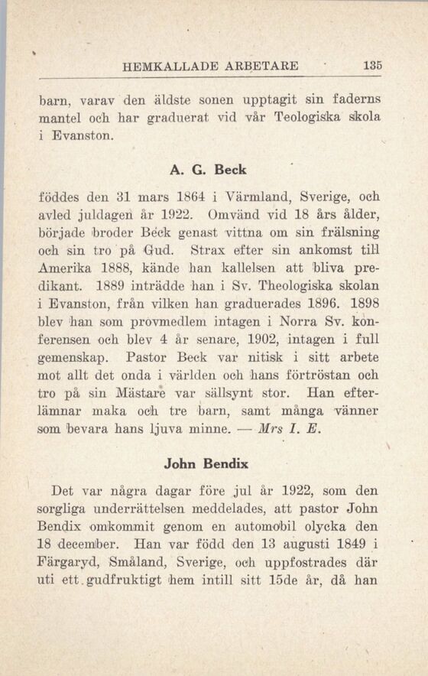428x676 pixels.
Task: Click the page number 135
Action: click(374, 66)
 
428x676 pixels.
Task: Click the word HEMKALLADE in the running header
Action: click(164, 67)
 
